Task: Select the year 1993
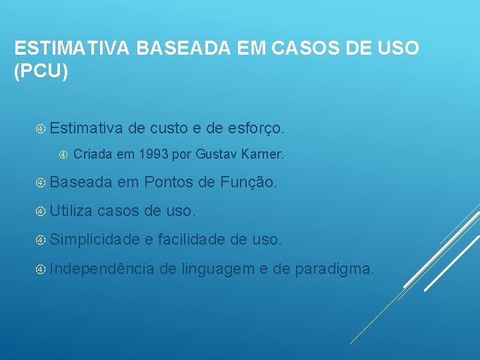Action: click(x=153, y=155)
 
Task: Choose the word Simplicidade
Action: click(x=94, y=239)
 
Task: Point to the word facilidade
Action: click(x=193, y=239)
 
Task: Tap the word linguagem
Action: click(x=217, y=269)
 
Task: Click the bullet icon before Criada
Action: click(x=63, y=155)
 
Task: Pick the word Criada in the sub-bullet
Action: click(x=93, y=155)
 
